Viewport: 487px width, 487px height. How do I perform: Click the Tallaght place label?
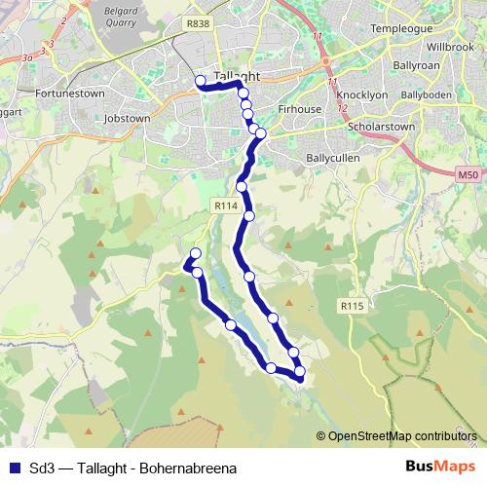[x=236, y=75]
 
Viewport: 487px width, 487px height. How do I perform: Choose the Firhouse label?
[x=300, y=109]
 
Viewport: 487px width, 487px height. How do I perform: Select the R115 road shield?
[x=352, y=306]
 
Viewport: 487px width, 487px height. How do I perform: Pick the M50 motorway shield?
[x=468, y=174]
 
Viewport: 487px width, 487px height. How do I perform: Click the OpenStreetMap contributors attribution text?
[x=402, y=435]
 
